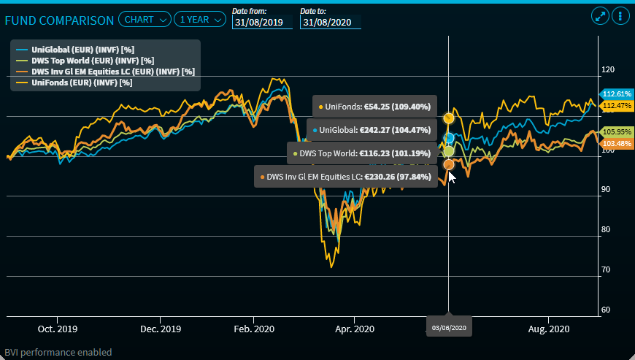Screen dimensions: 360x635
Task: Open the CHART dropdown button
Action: pos(145,20)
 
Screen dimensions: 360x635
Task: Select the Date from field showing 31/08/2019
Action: pos(262,22)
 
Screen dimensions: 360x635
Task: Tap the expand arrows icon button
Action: pos(600,16)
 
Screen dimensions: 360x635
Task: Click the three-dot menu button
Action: pos(620,16)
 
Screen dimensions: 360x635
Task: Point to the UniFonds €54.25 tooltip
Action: pos(375,107)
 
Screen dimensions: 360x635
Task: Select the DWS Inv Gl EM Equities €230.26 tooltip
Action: pos(346,177)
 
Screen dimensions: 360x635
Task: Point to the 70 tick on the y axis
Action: pos(605,270)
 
